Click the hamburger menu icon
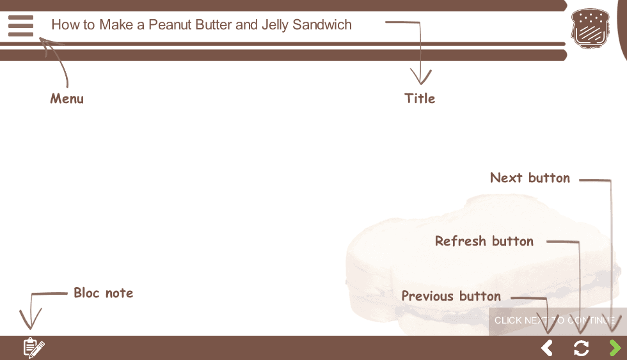point(20,26)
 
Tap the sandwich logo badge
point(590,28)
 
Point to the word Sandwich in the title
point(322,25)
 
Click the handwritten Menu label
point(67,98)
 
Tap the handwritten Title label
point(420,98)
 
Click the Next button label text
point(530,178)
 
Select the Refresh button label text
point(484,241)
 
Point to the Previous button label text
point(451,296)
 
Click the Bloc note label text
point(103,293)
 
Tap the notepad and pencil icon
point(34,348)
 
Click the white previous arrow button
point(546,348)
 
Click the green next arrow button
point(615,348)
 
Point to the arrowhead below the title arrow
point(421,77)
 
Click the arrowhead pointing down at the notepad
point(31,320)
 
